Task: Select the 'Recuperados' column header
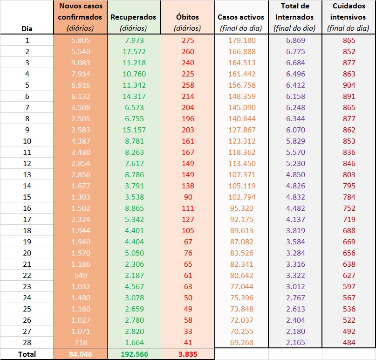coord(133,17)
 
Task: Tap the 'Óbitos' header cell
coord(187,17)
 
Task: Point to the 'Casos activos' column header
coord(241,17)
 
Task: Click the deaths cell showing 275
coord(187,40)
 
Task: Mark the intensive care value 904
coord(349,85)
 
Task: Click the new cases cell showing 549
coord(80,276)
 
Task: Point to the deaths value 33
coord(187,332)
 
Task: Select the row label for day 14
coord(27,186)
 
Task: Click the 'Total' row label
coord(27,354)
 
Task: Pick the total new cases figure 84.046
coord(80,354)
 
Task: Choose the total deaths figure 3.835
coord(187,354)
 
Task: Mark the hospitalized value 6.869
coord(295,40)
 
